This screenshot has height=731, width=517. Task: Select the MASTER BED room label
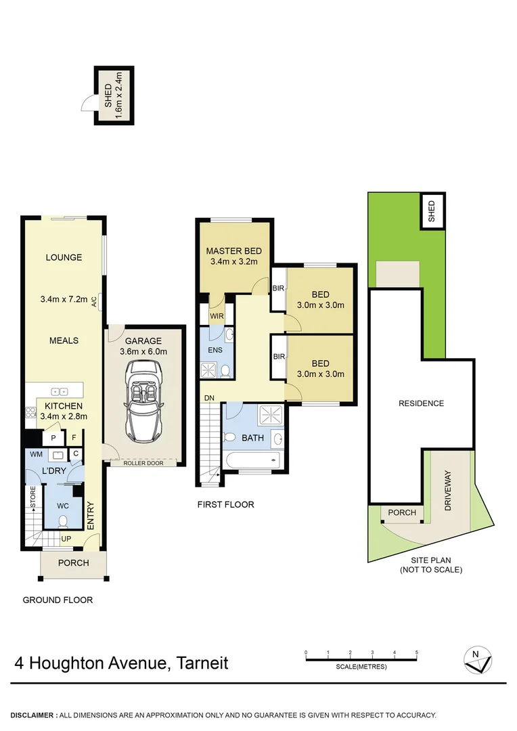(x=233, y=251)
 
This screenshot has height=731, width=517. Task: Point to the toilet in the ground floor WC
(x=63, y=521)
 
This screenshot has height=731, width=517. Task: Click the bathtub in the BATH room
(x=251, y=460)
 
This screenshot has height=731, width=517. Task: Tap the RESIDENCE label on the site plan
(x=421, y=403)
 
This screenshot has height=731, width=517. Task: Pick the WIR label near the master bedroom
(x=217, y=316)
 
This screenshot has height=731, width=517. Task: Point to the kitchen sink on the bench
(x=60, y=391)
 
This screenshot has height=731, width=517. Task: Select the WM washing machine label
(x=35, y=453)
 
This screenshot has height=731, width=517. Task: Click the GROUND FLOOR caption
(x=58, y=600)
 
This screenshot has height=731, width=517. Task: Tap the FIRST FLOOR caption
(x=225, y=504)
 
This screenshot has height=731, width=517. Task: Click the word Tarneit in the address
(x=202, y=663)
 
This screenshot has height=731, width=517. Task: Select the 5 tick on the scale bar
(x=417, y=652)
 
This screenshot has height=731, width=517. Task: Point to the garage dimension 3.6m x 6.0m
(x=143, y=351)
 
